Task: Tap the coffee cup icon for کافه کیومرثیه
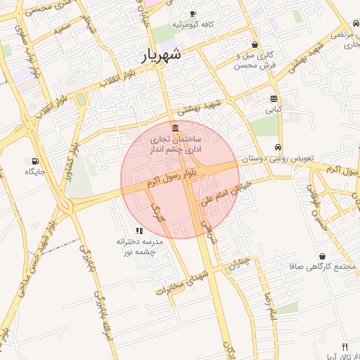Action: (x=193, y=13)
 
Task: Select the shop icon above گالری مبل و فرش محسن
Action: (x=255, y=44)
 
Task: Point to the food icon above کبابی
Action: (x=273, y=98)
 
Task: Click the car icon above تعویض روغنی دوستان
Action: (x=278, y=148)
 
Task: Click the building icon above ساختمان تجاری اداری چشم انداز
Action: (x=174, y=127)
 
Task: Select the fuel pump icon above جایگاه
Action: (x=35, y=160)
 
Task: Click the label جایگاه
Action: (x=35, y=172)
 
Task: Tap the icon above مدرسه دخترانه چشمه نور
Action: (x=139, y=230)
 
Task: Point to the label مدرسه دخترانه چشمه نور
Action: (x=139, y=247)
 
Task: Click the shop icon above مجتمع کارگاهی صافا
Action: (x=322, y=256)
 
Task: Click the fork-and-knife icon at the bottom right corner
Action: (x=345, y=347)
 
